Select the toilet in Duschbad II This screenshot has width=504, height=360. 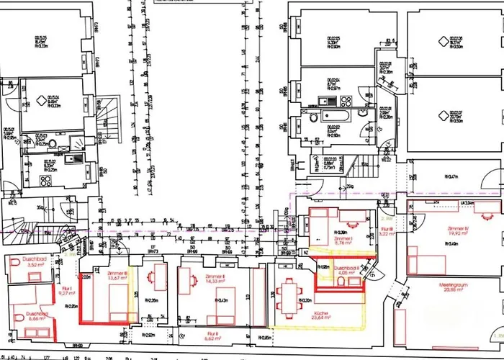point(337,283)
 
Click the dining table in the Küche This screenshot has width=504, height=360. point(291,293)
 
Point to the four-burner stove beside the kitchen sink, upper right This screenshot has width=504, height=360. point(346,101)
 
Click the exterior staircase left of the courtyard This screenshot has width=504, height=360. point(109,122)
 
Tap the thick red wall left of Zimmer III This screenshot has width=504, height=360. point(81,288)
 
